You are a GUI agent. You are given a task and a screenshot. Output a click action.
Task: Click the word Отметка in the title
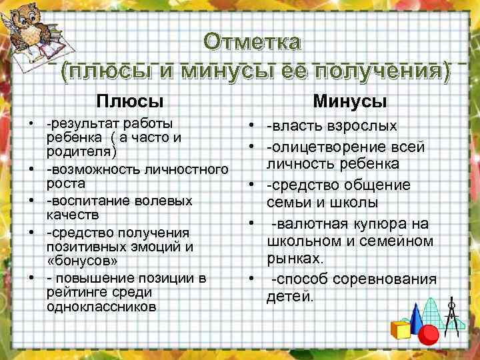point(253,42)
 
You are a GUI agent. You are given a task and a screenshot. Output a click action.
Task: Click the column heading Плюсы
point(129,101)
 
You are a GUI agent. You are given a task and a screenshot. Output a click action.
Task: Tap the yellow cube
point(401,329)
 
